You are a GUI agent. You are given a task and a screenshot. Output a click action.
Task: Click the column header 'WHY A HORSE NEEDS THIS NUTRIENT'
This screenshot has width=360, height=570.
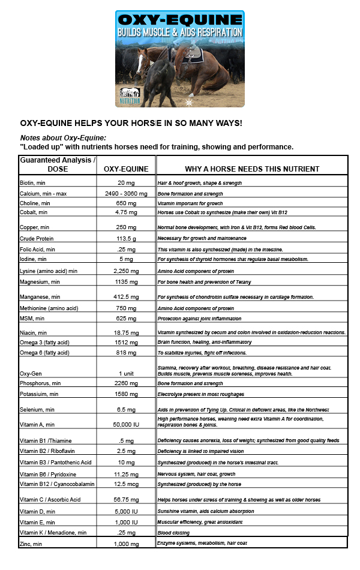click(x=251, y=169)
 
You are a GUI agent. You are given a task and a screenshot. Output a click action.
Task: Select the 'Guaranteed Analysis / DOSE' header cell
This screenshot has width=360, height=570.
click(x=58, y=164)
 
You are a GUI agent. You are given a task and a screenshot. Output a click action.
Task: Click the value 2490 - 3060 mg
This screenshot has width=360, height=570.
click(x=126, y=194)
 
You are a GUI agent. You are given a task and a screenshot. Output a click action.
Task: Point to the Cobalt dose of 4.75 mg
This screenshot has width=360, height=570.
click(x=126, y=212)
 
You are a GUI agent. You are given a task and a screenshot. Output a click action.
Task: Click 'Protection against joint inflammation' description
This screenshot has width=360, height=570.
click(x=199, y=318)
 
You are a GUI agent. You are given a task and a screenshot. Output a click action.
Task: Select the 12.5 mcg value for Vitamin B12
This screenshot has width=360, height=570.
click(x=126, y=484)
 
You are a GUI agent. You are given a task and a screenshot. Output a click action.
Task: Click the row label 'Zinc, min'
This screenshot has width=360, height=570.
click(x=33, y=544)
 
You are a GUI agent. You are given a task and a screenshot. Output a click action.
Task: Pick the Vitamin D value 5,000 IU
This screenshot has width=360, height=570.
click(x=126, y=511)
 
